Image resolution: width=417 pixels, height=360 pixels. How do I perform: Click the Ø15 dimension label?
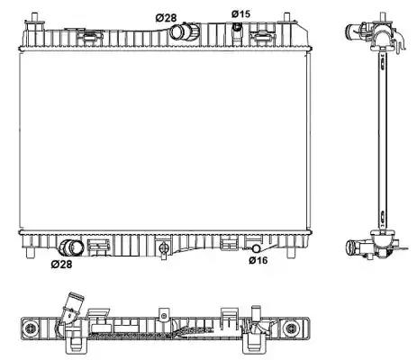point(240,13)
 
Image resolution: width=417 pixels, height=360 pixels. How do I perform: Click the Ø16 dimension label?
point(258,260)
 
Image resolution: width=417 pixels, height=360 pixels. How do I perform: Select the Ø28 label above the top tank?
point(166,18)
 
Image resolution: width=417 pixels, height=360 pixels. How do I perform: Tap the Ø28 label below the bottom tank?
point(61,265)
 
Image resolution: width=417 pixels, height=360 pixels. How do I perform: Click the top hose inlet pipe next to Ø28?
point(184,31)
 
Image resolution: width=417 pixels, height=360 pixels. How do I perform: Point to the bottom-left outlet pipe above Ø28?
point(72,247)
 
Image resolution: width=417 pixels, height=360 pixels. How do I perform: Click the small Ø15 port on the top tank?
point(238,27)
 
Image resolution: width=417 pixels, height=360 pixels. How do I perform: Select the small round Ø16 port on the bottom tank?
point(256,248)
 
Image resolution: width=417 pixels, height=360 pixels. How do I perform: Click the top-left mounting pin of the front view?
point(35,17)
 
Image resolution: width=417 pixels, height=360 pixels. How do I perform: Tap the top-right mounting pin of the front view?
point(286,17)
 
